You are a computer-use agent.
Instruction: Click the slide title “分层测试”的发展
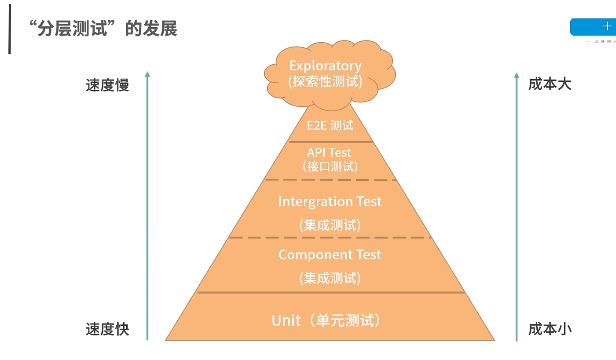(102, 29)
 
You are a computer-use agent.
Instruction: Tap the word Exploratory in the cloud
(325, 66)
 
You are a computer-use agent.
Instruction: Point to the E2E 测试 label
(330, 125)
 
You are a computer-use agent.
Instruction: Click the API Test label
(329, 152)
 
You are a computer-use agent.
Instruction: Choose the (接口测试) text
(330, 166)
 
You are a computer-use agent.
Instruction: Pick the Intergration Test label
(330, 202)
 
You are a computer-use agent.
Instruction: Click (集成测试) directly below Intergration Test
(330, 225)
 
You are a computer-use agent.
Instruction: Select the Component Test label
(330, 255)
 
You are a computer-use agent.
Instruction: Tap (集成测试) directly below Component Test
(330, 278)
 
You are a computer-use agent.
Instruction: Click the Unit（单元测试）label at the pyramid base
(326, 320)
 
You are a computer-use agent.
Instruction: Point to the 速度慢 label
(107, 85)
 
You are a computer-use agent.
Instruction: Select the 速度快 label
(107, 329)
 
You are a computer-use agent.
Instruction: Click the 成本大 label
(550, 84)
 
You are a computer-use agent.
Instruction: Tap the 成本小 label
(550, 329)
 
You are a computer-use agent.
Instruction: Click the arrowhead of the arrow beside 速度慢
(147, 74)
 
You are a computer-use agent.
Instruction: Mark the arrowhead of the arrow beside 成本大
(517, 75)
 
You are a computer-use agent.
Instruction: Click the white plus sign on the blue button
(607, 26)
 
